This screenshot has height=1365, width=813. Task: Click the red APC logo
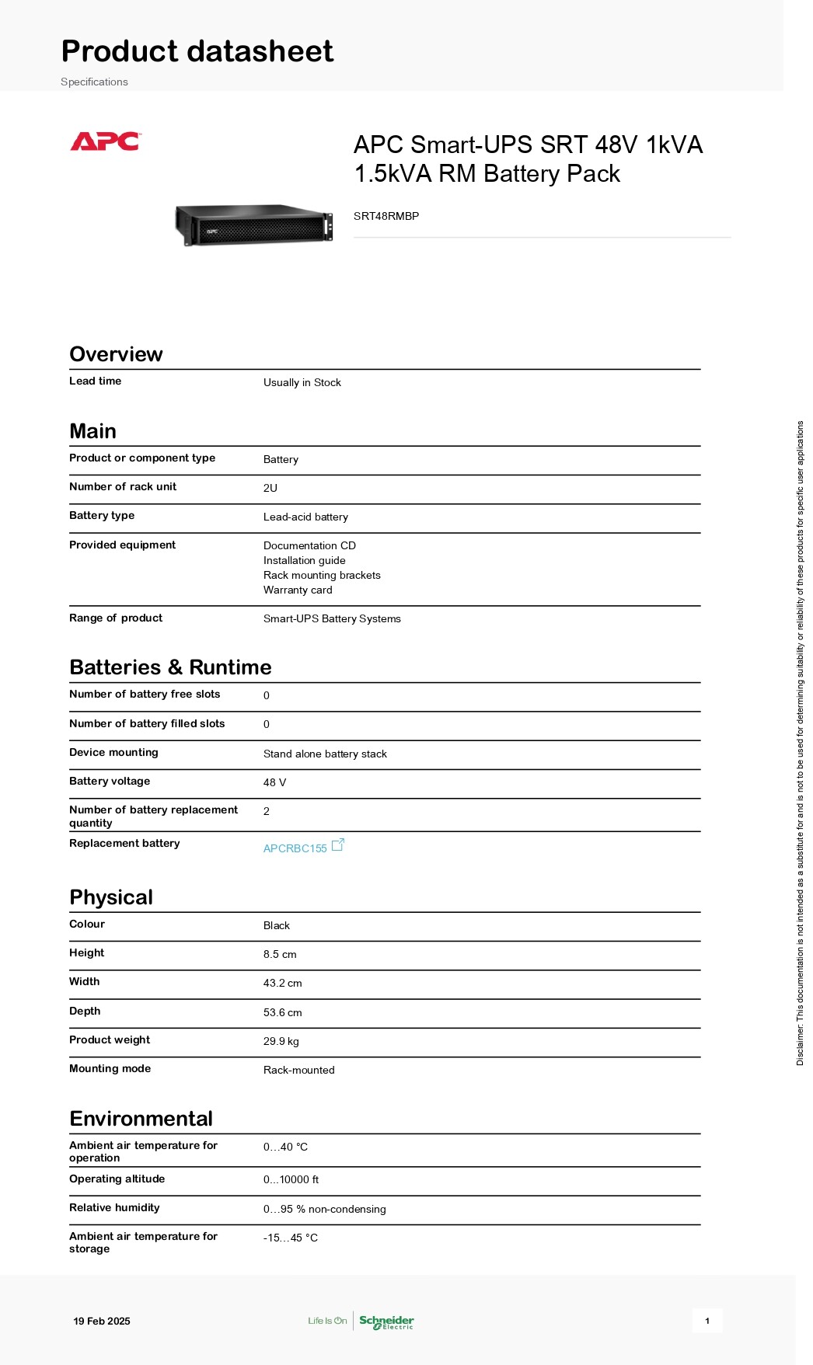pyautogui.click(x=105, y=141)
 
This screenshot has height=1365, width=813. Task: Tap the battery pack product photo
pyautogui.click(x=254, y=225)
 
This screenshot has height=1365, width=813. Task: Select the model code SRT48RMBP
pyautogui.click(x=386, y=216)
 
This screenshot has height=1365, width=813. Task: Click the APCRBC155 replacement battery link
pyautogui.click(x=295, y=848)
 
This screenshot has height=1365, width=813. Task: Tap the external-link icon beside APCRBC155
pyautogui.click(x=338, y=844)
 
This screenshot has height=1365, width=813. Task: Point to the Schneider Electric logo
pyautogui.click(x=386, y=1321)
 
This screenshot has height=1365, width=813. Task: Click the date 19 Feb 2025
pyautogui.click(x=102, y=1321)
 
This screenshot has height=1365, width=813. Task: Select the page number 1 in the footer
pyautogui.click(x=707, y=1321)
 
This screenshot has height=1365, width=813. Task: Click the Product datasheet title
pyautogui.click(x=197, y=51)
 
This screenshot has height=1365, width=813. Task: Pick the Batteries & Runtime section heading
pyautogui.click(x=170, y=667)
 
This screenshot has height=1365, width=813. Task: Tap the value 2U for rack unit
pyautogui.click(x=270, y=488)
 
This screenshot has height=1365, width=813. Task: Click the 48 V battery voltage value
pyautogui.click(x=274, y=782)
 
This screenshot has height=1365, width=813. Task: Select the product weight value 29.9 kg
pyautogui.click(x=281, y=1041)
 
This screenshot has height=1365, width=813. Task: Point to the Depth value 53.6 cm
pyautogui.click(x=282, y=1012)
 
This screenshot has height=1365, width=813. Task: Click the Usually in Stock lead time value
pyautogui.click(x=302, y=382)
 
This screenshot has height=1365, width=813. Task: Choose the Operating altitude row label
pyautogui.click(x=117, y=1179)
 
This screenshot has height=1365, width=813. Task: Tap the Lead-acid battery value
pyautogui.click(x=305, y=517)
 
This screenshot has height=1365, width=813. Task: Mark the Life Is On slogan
pyautogui.click(x=327, y=1321)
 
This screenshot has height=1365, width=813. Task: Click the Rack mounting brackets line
pyautogui.click(x=322, y=575)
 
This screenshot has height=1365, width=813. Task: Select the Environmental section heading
pyautogui.click(x=141, y=1119)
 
